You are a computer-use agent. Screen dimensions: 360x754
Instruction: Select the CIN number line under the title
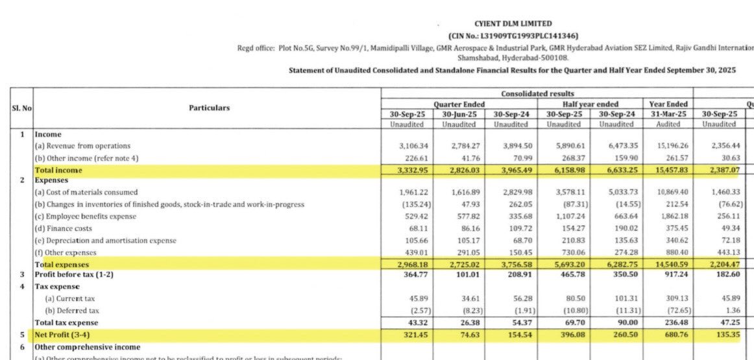click(513, 36)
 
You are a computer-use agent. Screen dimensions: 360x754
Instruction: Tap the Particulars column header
click(209, 108)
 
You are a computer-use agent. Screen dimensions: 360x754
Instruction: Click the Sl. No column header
click(21, 108)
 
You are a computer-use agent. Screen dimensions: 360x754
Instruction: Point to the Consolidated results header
click(537, 94)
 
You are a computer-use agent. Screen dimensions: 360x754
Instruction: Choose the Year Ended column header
click(668, 104)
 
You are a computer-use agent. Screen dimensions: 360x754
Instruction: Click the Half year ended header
click(590, 104)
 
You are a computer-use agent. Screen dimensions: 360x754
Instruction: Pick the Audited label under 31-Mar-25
click(668, 124)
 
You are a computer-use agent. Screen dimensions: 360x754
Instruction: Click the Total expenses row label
click(62, 265)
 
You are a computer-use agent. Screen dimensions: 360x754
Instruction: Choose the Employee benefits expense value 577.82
click(460, 217)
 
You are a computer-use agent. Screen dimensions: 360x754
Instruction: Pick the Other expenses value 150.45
click(512, 252)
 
